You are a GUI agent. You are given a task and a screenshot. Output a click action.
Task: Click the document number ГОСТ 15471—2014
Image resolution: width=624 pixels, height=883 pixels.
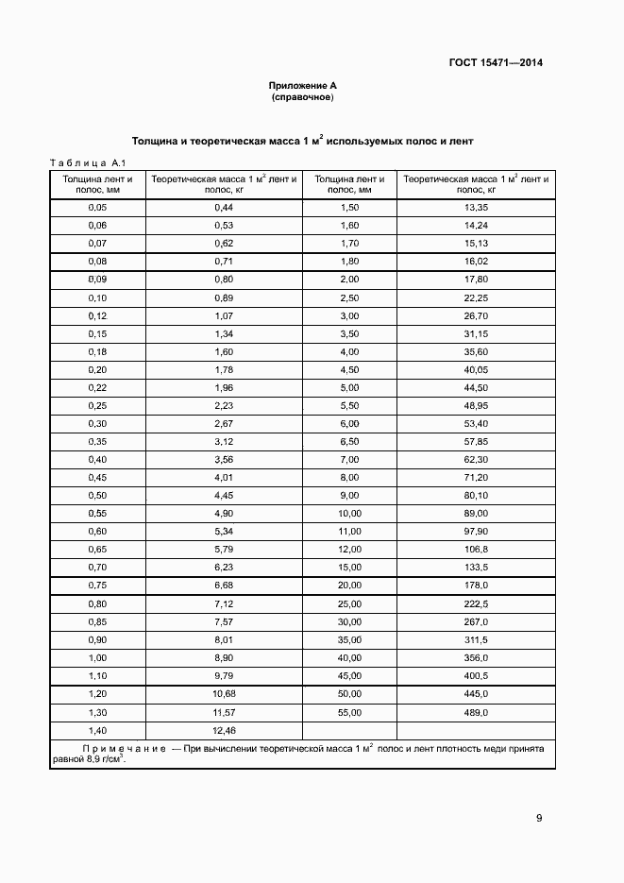(496, 64)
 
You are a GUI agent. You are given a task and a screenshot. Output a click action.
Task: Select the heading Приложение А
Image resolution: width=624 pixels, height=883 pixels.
(302, 86)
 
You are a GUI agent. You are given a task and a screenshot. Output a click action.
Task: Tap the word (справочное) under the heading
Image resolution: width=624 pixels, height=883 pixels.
(302, 97)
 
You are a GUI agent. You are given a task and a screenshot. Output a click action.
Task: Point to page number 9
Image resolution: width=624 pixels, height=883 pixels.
(538, 818)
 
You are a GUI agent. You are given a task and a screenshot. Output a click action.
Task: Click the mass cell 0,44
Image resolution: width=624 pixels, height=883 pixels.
(224, 207)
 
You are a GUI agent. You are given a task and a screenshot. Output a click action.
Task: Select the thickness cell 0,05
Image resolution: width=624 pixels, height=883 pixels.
(97, 207)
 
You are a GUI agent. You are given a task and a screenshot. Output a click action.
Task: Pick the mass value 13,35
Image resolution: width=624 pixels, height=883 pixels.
(476, 207)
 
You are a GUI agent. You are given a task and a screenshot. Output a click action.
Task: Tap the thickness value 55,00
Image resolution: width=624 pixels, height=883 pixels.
(349, 711)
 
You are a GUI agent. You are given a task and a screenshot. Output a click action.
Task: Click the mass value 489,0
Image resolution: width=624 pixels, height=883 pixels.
(476, 711)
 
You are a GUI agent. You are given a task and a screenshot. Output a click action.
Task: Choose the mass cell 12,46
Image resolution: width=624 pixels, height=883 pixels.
(224, 730)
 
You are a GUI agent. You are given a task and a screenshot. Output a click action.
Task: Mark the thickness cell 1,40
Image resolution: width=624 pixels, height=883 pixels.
(97, 730)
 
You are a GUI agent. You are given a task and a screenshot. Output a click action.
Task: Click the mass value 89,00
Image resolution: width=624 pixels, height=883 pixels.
(476, 513)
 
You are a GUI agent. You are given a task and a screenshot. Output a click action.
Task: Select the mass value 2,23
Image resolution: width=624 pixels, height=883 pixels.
(224, 405)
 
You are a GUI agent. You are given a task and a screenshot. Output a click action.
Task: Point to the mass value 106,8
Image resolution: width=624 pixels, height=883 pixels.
(476, 549)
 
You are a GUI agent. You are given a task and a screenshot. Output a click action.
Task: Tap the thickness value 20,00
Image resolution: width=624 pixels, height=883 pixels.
(349, 585)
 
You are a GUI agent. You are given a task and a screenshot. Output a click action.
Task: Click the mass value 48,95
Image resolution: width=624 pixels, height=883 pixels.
(476, 405)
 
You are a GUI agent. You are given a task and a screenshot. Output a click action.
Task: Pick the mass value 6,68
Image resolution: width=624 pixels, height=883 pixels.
(224, 585)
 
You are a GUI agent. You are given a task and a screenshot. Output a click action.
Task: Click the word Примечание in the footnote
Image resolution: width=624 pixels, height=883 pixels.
(125, 747)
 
